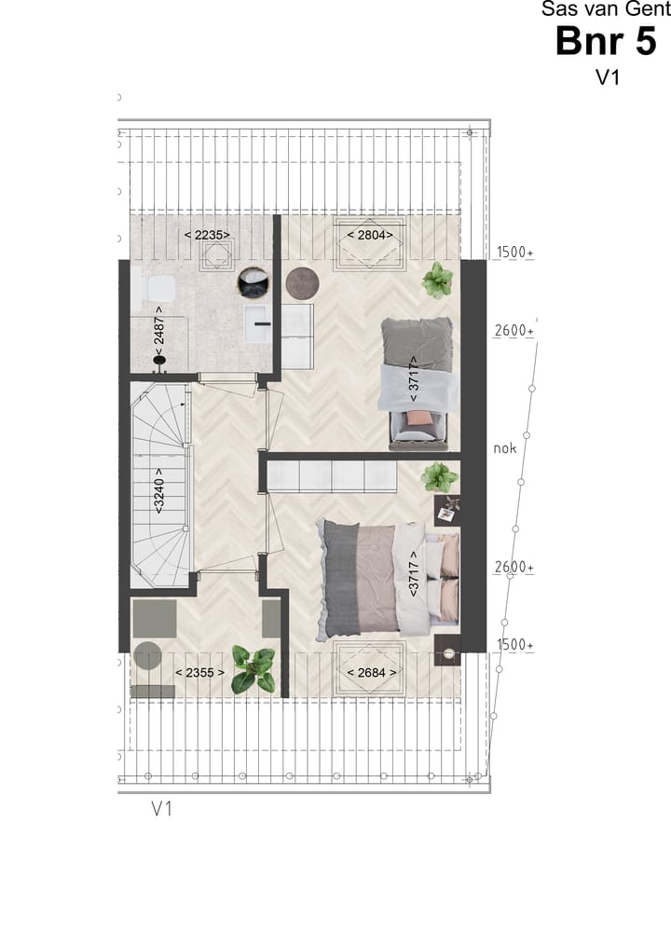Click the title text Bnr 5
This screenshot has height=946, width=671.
click(606, 42)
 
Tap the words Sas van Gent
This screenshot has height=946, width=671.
click(606, 9)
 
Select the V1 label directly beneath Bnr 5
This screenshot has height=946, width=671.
click(608, 78)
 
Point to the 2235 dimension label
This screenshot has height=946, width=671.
click(206, 235)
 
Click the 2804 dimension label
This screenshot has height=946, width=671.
click(370, 235)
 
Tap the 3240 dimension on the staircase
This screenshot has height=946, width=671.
click(159, 491)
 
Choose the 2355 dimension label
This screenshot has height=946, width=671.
click(200, 671)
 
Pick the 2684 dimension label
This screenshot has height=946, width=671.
click(371, 671)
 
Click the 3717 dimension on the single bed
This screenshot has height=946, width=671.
click(414, 383)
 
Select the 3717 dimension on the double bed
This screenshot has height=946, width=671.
click(413, 574)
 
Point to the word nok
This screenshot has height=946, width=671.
click(504, 448)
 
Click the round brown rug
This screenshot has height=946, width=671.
click(302, 282)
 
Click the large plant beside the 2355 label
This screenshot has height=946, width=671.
click(253, 669)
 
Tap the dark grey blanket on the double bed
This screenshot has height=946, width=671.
click(341, 578)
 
